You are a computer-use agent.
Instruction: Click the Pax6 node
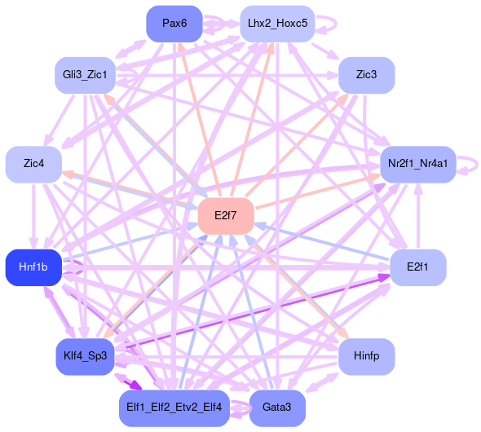pos(174,24)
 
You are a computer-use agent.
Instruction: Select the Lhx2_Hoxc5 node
pos(277,24)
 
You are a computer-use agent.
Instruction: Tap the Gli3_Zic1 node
pos(85,75)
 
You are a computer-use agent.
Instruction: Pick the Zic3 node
pos(366,75)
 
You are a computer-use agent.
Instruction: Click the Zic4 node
pos(33,165)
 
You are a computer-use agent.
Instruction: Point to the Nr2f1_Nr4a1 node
pos(417,165)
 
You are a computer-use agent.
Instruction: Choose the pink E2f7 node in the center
pos(226,216)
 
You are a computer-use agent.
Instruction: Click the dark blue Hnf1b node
pos(33,267)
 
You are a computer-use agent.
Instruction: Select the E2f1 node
pos(417,267)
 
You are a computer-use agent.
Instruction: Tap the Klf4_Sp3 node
pos(85,356)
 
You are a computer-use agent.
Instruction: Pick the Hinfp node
pos(366,356)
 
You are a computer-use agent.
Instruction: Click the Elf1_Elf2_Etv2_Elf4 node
pos(174,408)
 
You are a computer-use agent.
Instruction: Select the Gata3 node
pos(277,408)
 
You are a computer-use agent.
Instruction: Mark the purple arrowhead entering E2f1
pos(383,277)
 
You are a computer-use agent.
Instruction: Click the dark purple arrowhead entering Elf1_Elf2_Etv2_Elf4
pos(136,386)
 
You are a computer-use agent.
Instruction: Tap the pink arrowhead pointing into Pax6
pos(182,47)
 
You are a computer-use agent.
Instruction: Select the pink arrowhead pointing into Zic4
pos(67,174)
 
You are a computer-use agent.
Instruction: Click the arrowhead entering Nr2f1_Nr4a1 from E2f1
pos(418,188)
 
